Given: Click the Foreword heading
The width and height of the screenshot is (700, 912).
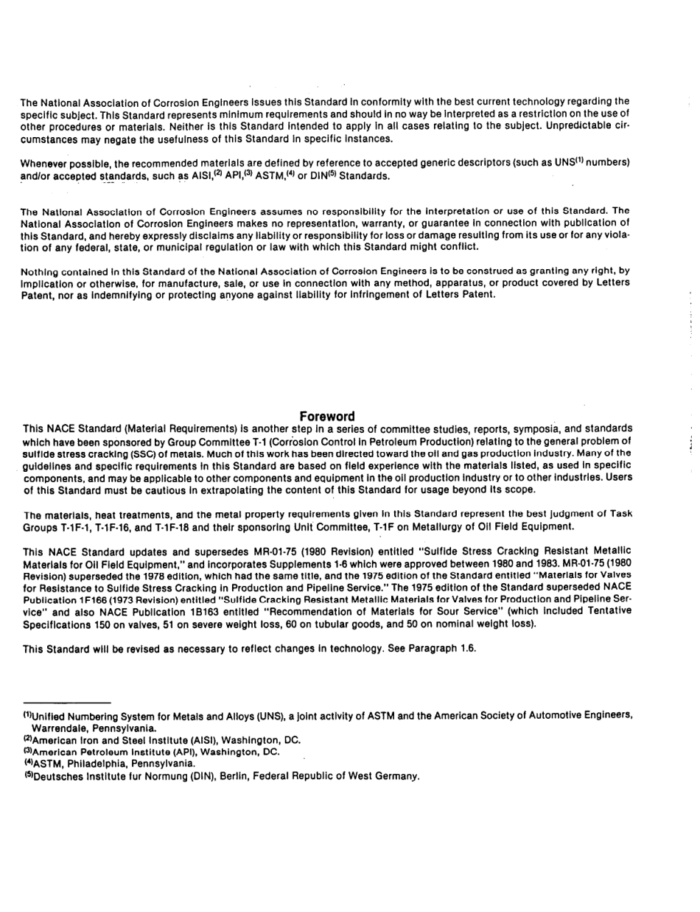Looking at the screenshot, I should coord(328,417).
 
